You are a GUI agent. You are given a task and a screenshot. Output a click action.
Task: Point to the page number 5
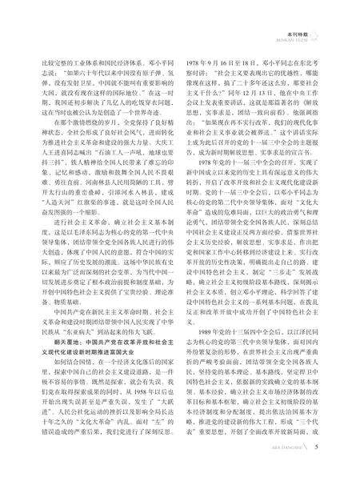click(339, 467)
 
